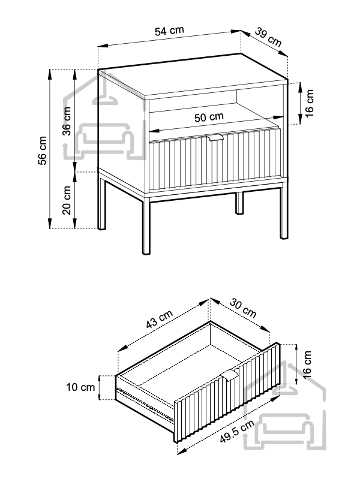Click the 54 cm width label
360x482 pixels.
coord(169,31)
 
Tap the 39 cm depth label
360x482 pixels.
coord(268,37)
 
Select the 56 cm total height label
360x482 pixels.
coord(42,150)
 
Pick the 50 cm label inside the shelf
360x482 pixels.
coord(209,118)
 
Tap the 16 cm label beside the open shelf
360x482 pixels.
coord(309,104)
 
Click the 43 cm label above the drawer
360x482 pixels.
coord(160,322)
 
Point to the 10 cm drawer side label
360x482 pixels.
coord(80,387)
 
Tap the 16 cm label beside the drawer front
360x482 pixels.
coord(307,363)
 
